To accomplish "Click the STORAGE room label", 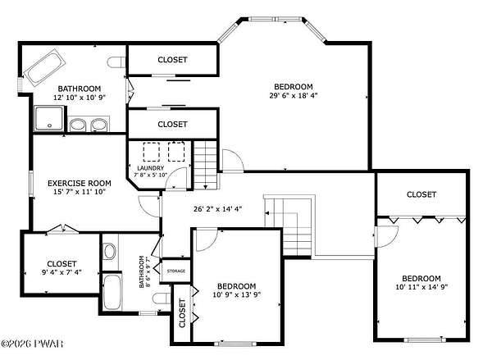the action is tap(175, 271).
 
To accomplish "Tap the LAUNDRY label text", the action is tap(151, 168).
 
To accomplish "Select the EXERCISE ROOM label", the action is tap(79, 183).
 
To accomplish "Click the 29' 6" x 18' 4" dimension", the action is tap(294, 95).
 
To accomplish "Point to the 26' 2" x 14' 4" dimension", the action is tap(218, 209).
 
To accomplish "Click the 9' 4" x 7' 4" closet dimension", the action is tap(61, 272).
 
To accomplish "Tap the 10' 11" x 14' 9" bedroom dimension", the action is tap(421, 286).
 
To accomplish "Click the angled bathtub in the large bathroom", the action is tap(44, 68).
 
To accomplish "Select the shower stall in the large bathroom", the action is tap(49, 118).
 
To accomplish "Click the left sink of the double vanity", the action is tap(77, 125).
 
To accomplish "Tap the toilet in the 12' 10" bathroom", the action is tap(116, 62).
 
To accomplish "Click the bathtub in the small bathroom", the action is tap(112, 292).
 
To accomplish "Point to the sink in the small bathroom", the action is tap(110, 252).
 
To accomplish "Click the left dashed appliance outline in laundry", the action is tap(151, 152).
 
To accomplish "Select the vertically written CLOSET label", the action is tap(182, 313).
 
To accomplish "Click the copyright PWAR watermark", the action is tap(32, 344).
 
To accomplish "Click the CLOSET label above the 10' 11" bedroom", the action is tap(421, 194).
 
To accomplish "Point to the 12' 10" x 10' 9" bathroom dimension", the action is tap(80, 98).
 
